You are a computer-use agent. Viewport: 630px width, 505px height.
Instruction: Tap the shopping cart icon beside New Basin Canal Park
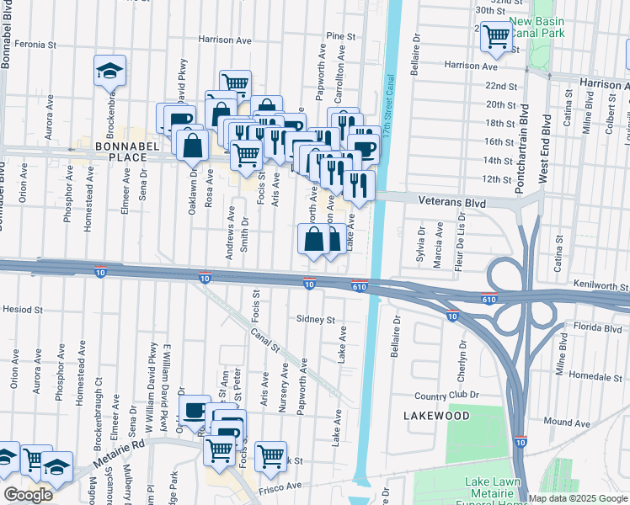coord(497,36)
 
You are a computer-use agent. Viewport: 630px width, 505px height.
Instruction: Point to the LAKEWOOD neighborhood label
coord(435,416)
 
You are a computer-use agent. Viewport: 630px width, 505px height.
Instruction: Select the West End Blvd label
coord(544,143)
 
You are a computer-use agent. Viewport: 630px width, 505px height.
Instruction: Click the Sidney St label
coord(316,320)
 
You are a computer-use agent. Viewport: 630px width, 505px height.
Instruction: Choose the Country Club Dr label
coord(446,395)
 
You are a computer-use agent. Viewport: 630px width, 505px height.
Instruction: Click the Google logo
coord(28,495)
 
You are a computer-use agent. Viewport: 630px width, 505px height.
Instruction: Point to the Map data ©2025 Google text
coord(578,498)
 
